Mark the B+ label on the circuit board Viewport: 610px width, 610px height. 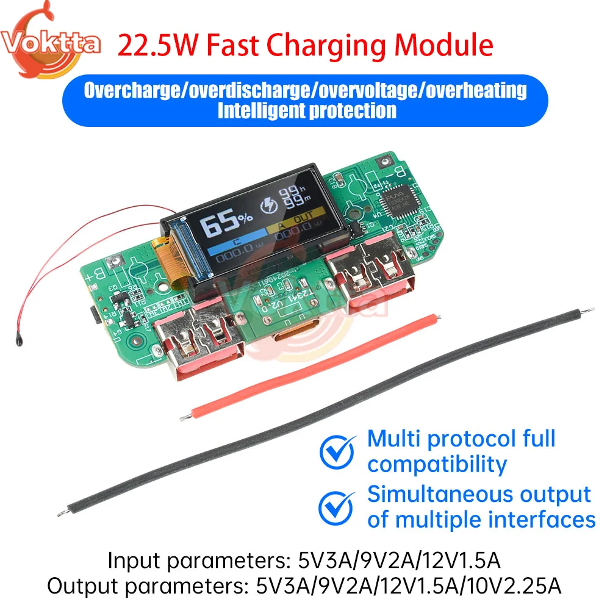(x=97, y=278)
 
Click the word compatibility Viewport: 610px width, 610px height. (x=437, y=465)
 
